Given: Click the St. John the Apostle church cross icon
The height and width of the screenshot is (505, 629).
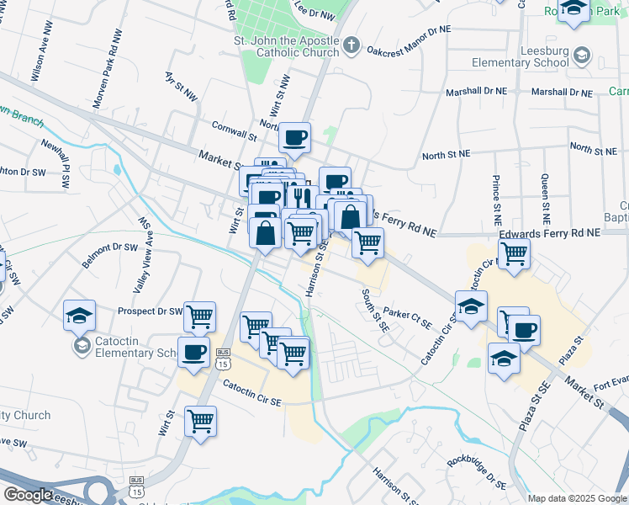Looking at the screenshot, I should click(x=352, y=44).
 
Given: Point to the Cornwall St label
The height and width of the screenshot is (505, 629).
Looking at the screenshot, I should click(x=234, y=133).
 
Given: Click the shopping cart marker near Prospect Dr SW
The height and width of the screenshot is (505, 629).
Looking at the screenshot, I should click(x=200, y=316).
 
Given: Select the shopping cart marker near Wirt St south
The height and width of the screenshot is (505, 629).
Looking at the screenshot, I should click(x=201, y=420).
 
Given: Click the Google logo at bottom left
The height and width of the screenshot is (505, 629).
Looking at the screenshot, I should click(x=27, y=494).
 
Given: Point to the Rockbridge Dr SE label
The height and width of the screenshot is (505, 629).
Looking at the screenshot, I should click(x=477, y=472).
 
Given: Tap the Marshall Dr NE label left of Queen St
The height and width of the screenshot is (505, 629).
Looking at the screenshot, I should click(x=477, y=91).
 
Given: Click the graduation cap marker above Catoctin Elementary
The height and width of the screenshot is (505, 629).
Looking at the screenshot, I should click(x=80, y=316).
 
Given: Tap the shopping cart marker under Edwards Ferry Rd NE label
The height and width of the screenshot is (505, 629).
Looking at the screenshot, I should click(x=513, y=252).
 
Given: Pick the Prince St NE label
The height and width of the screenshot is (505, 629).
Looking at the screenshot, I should click(x=496, y=195).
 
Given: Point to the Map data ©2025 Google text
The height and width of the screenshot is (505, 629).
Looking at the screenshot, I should click(x=577, y=498).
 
